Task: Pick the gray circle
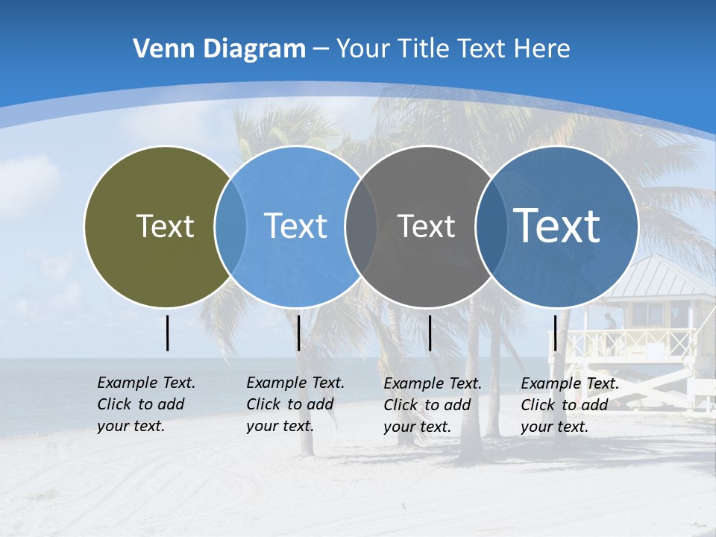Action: tap(426, 268)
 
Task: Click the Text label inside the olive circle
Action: tap(165, 226)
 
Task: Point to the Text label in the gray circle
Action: tap(426, 226)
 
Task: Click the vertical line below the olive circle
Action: tap(167, 333)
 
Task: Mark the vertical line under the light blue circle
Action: tap(298, 333)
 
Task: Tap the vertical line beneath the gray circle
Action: tap(430, 333)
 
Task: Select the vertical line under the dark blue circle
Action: tap(555, 333)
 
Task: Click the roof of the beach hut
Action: tap(659, 276)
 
